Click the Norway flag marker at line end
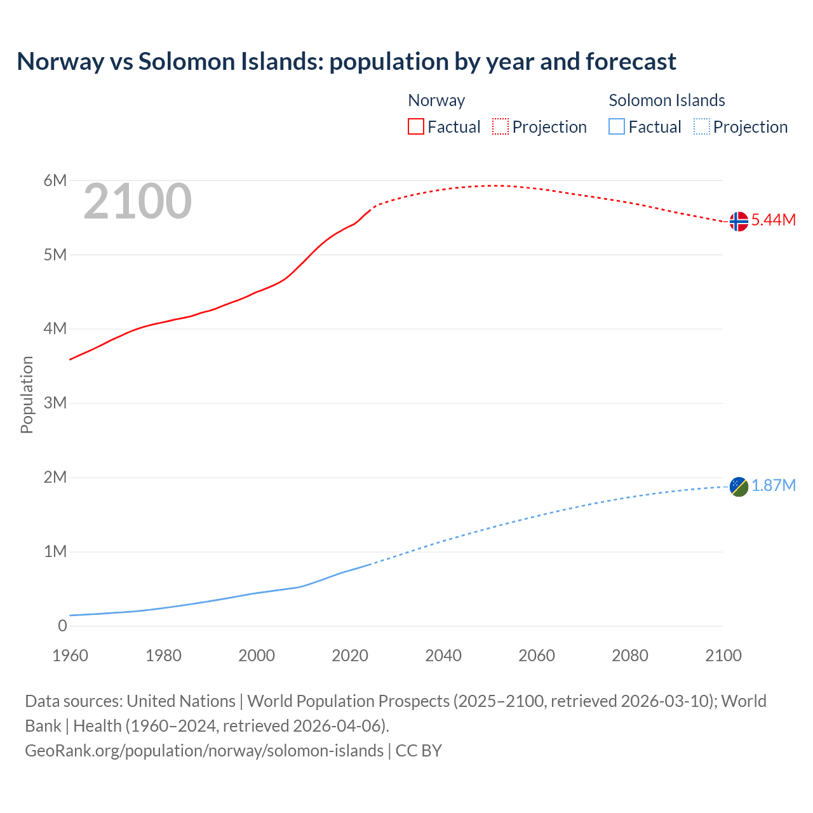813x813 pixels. (x=739, y=222)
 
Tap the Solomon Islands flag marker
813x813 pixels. (x=739, y=487)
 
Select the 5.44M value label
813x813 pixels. (x=774, y=220)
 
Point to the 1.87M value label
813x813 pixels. (x=774, y=486)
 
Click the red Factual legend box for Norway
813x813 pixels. (x=415, y=127)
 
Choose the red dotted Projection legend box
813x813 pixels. (x=501, y=127)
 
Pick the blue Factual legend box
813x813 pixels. (x=617, y=127)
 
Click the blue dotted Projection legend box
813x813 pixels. (x=701, y=127)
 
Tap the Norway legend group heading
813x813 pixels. (x=436, y=100)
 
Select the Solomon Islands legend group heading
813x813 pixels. (x=667, y=100)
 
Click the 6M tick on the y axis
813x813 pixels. (x=55, y=181)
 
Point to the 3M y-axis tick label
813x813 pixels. (x=55, y=403)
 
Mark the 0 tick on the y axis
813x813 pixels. (x=62, y=626)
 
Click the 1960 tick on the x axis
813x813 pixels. (x=70, y=655)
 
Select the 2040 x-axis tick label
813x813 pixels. (x=443, y=655)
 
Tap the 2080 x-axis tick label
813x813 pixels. (x=630, y=655)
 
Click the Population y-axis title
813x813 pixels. (x=27, y=394)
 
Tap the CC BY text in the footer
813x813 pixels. (x=419, y=751)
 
